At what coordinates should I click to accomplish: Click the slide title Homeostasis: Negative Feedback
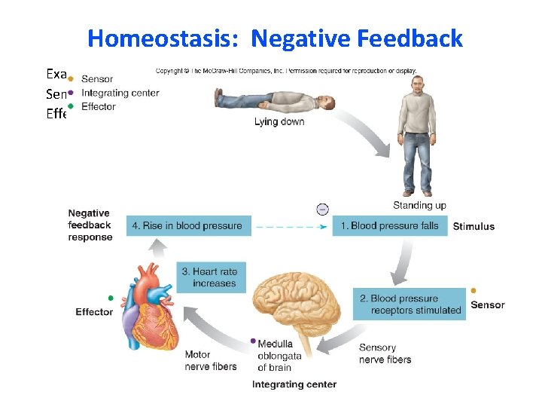point(275,38)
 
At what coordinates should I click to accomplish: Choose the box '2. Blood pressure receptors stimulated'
point(410,304)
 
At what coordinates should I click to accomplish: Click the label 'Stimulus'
point(473,226)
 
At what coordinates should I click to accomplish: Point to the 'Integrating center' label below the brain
point(294,384)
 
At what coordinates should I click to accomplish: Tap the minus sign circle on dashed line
point(322,209)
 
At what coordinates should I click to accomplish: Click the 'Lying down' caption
point(279,122)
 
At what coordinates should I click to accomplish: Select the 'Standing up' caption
point(419,205)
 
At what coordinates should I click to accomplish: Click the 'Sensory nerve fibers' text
point(385,353)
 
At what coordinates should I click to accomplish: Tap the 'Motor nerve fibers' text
point(210,360)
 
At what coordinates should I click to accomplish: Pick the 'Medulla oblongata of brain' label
point(279,356)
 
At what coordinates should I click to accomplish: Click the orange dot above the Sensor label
point(473,291)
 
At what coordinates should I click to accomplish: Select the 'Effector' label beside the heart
point(94,312)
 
